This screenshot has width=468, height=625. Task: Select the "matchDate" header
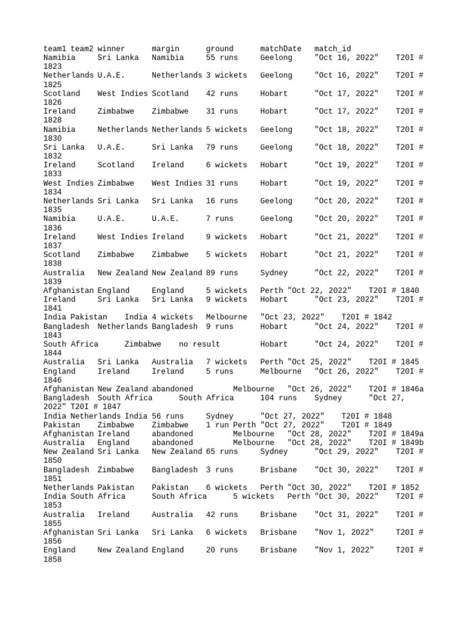coord(280,49)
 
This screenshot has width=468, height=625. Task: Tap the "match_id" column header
coord(332,49)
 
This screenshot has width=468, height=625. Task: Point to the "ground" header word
coord(219,49)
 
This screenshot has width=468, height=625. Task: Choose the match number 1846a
coord(409,389)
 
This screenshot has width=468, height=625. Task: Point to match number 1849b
coord(409,443)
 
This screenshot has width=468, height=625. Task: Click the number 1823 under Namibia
coord(52,67)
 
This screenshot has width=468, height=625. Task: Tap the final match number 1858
coord(52,559)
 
